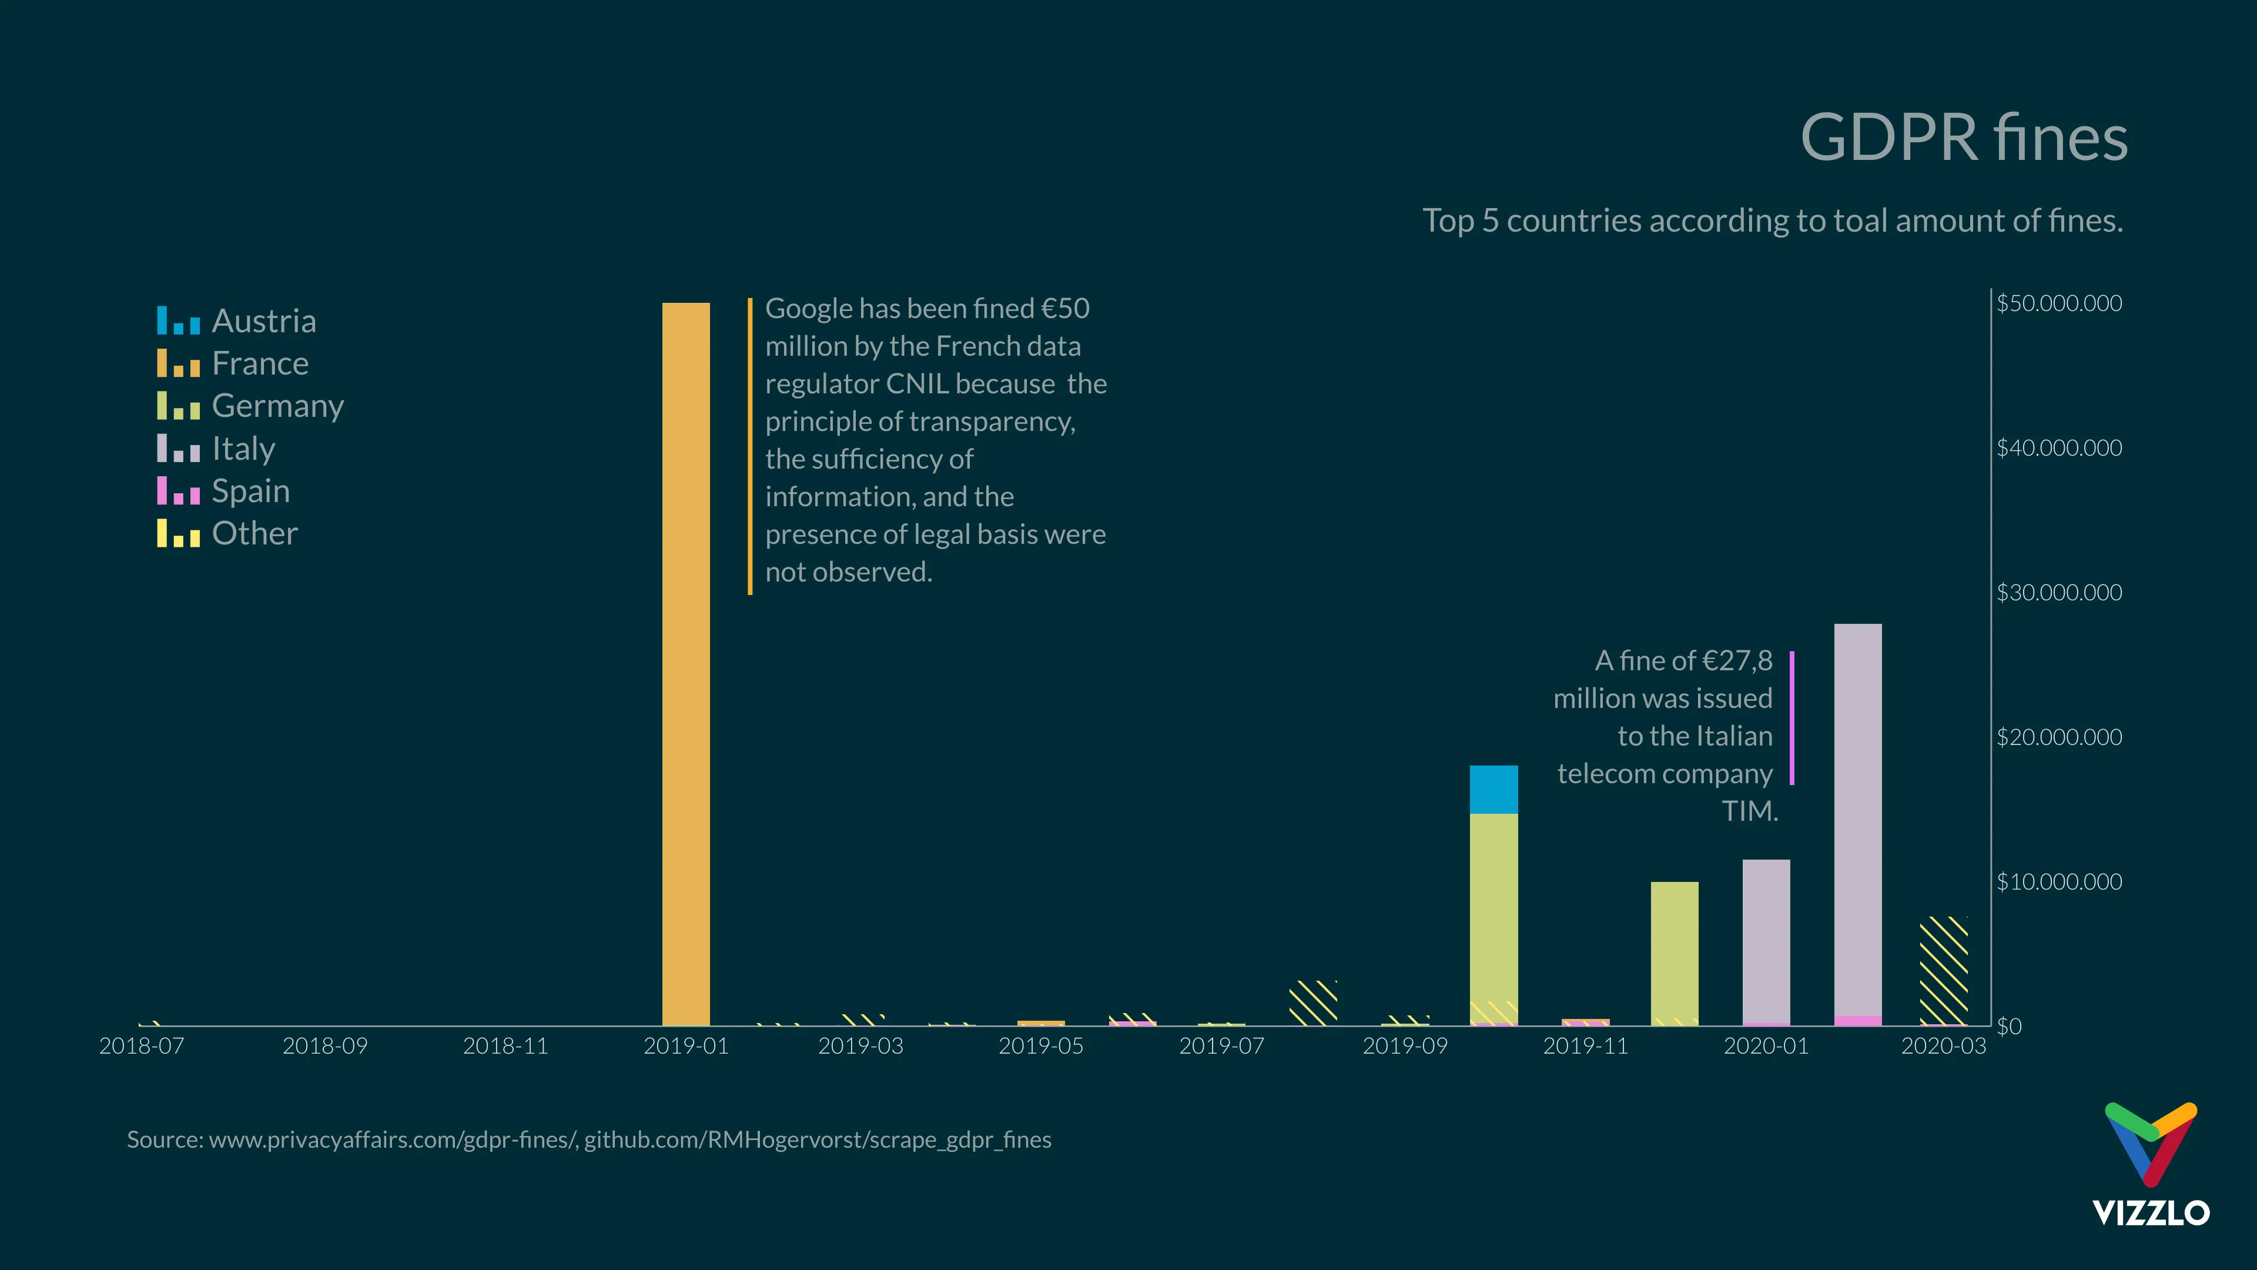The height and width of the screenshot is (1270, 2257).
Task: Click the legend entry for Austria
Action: (x=236, y=321)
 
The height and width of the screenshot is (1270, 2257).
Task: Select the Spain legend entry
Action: (x=223, y=491)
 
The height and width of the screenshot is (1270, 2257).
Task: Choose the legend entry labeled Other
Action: (x=228, y=533)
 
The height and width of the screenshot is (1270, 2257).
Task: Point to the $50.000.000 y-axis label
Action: (x=2059, y=303)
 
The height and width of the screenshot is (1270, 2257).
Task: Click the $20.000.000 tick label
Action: (x=2059, y=737)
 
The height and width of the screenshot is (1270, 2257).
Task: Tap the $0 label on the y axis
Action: (x=2009, y=1027)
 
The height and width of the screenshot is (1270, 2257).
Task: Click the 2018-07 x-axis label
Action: (x=142, y=1045)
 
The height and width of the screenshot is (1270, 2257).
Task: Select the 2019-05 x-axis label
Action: (x=1041, y=1045)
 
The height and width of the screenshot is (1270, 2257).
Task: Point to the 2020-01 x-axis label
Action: (x=1766, y=1045)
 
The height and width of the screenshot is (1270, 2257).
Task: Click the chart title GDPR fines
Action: (x=1964, y=138)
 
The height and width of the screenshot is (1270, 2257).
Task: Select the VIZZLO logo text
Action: (x=2151, y=1213)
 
